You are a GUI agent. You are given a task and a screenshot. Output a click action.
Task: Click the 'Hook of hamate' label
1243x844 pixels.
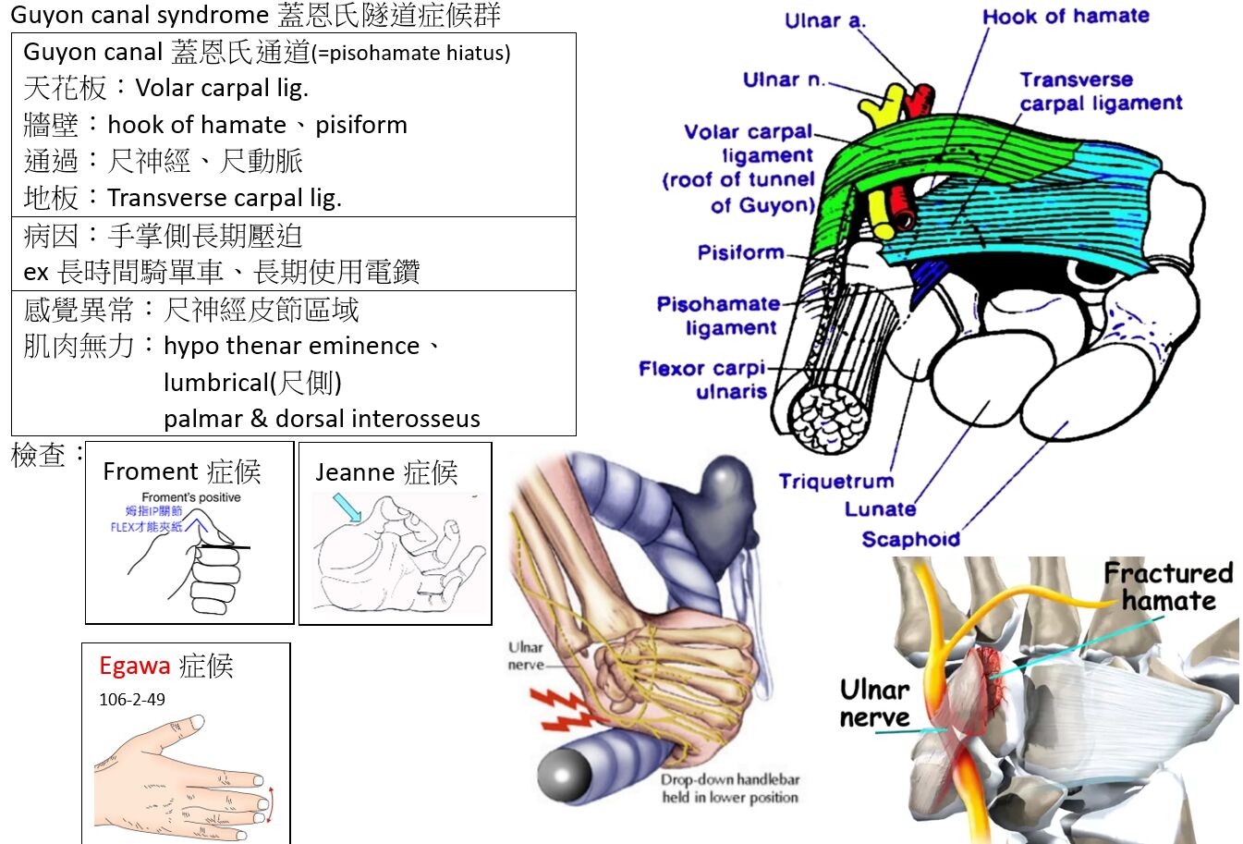[1066, 17]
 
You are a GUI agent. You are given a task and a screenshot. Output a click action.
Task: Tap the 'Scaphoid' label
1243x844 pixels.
[910, 539]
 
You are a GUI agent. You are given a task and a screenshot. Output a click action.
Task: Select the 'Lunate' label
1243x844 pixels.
[880, 509]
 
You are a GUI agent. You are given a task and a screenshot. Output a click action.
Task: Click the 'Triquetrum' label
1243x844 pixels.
[835, 481]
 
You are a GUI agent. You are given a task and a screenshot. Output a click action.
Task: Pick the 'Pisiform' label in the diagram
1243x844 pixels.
[740, 252]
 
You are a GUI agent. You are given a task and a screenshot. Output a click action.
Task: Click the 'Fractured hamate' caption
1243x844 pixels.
[1168, 587]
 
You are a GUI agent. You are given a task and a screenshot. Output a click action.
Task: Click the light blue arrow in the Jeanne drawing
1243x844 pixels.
[347, 508]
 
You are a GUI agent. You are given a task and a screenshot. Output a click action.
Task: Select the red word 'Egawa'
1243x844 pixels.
[135, 666]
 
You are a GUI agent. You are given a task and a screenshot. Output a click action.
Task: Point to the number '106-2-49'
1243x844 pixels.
[132, 700]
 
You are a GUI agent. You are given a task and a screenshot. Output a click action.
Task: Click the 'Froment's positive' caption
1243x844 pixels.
[190, 497]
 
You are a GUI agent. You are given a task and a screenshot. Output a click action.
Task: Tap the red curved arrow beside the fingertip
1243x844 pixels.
[269, 805]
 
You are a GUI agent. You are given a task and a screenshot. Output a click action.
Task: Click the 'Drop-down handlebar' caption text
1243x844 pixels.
[729, 780]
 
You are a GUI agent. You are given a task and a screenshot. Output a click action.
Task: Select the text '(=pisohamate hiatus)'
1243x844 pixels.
[411, 54]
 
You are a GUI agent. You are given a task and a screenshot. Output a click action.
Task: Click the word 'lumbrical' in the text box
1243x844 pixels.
[214, 383]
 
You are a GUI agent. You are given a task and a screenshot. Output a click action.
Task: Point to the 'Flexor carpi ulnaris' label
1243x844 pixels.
[703, 380]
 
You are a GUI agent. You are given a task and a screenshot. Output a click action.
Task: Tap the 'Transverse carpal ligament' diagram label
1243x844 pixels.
[1100, 92]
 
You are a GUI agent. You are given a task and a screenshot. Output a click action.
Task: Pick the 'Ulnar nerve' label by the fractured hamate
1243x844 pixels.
[874, 703]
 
